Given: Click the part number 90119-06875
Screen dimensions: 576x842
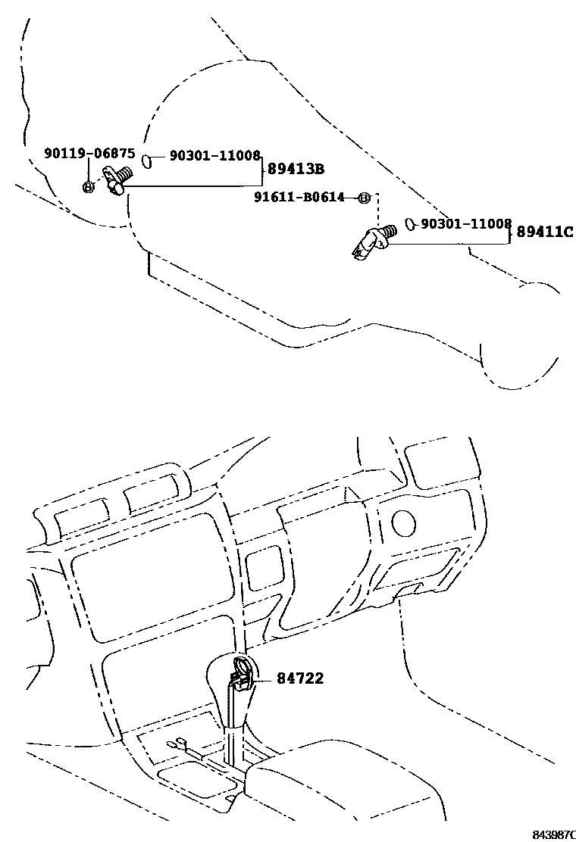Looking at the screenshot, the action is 89,154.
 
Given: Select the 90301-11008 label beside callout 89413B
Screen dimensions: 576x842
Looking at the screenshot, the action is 215,156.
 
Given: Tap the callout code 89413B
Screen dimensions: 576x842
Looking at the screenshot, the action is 296,169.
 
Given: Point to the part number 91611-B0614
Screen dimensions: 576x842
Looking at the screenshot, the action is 299,197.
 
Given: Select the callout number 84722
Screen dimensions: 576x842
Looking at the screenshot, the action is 300,678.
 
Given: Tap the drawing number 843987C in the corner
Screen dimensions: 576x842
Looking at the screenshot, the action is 554,834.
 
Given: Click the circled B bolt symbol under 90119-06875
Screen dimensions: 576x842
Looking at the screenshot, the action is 88,187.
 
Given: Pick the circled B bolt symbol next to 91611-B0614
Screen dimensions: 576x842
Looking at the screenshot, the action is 364,198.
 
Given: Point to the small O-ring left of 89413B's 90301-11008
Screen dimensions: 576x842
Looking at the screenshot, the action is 147,160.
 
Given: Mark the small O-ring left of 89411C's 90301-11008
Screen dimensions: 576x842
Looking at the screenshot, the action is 410,224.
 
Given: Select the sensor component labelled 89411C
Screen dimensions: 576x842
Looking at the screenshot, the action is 374,242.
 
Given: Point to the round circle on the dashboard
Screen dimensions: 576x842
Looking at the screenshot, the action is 404,523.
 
